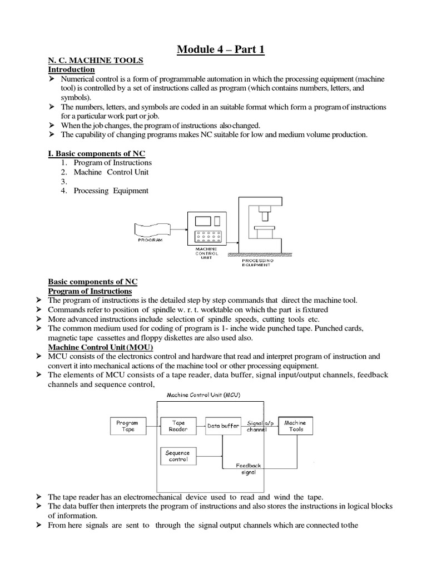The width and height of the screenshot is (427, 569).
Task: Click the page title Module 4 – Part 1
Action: pyautogui.click(x=221, y=50)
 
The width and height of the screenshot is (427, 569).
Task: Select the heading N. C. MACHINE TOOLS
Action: pyautogui.click(x=96, y=60)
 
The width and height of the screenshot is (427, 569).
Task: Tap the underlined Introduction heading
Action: pyautogui.click(x=71, y=69)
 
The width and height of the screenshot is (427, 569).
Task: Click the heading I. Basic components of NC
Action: pyautogui.click(x=97, y=153)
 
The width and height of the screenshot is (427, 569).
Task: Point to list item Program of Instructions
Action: pyautogui.click(x=113, y=162)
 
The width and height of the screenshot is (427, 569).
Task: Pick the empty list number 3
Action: pyautogui.click(x=64, y=181)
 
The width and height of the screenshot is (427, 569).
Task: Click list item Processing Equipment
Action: pyautogui.click(x=111, y=191)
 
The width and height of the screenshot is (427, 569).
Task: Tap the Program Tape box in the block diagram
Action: pyautogui.click(x=127, y=426)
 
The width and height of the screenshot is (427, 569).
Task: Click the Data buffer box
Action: pyautogui.click(x=222, y=426)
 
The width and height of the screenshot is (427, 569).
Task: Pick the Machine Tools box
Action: pyautogui.click(x=295, y=426)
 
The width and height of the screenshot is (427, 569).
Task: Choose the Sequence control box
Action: pyautogui.click(x=177, y=456)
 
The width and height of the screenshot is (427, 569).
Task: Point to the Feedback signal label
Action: pyautogui.click(x=248, y=468)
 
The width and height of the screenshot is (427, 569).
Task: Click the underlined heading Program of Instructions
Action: pyautogui.click(x=90, y=291)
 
